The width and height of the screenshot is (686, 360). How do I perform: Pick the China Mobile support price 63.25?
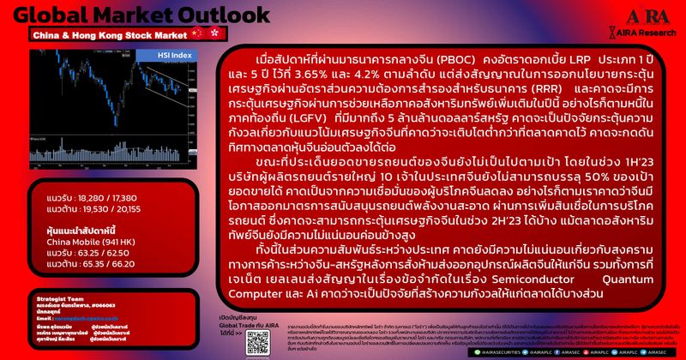(x=92, y=253)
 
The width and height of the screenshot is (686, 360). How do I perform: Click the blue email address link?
(x=86, y=317)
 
